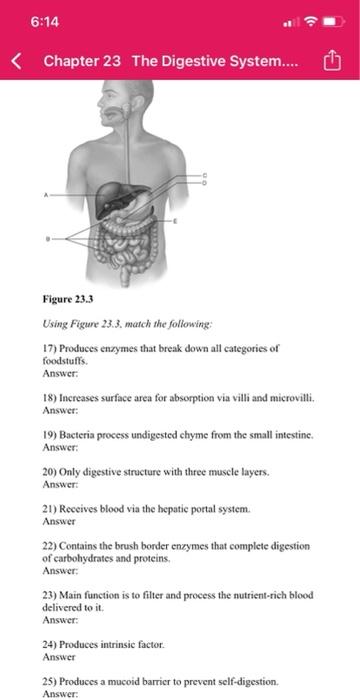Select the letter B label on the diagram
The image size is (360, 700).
pos(46,239)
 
